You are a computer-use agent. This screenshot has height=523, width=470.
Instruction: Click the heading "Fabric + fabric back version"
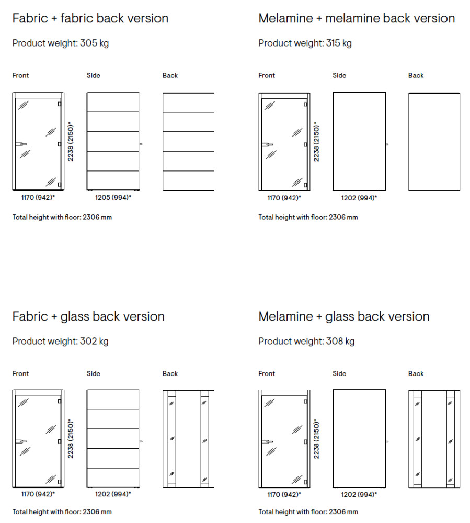(x=90, y=19)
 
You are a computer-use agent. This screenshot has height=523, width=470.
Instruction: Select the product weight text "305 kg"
(x=94, y=43)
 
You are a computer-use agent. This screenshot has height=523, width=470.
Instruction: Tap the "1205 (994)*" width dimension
(x=113, y=198)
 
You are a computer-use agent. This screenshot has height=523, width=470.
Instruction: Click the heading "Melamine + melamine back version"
(x=357, y=19)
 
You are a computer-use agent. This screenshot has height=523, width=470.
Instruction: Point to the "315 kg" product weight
(x=339, y=43)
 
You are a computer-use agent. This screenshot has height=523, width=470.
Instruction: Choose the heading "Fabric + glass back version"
(x=88, y=317)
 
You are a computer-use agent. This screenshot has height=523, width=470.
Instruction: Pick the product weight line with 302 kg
(x=61, y=342)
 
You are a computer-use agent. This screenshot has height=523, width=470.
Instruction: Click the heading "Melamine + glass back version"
(x=344, y=317)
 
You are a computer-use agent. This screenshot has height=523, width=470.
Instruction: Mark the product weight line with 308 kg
(x=306, y=342)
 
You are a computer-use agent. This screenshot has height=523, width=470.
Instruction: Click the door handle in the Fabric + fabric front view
(x=20, y=143)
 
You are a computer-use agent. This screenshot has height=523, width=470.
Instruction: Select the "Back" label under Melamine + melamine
(x=416, y=76)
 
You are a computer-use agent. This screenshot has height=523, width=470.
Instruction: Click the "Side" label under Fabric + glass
(x=94, y=374)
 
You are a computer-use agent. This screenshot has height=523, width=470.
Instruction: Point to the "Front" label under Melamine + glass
(x=267, y=374)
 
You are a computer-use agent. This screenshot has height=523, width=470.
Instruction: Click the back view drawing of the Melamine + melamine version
(x=434, y=142)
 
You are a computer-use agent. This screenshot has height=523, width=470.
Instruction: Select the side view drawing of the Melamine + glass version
(x=359, y=438)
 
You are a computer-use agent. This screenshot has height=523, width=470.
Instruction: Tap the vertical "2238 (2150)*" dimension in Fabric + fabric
(x=71, y=142)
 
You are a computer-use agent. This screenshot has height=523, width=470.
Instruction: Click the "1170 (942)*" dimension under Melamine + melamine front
(x=284, y=198)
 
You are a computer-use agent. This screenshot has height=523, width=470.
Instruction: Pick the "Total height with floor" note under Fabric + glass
(x=62, y=512)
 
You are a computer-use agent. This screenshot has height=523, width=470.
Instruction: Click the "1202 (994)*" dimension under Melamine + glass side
(x=359, y=494)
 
